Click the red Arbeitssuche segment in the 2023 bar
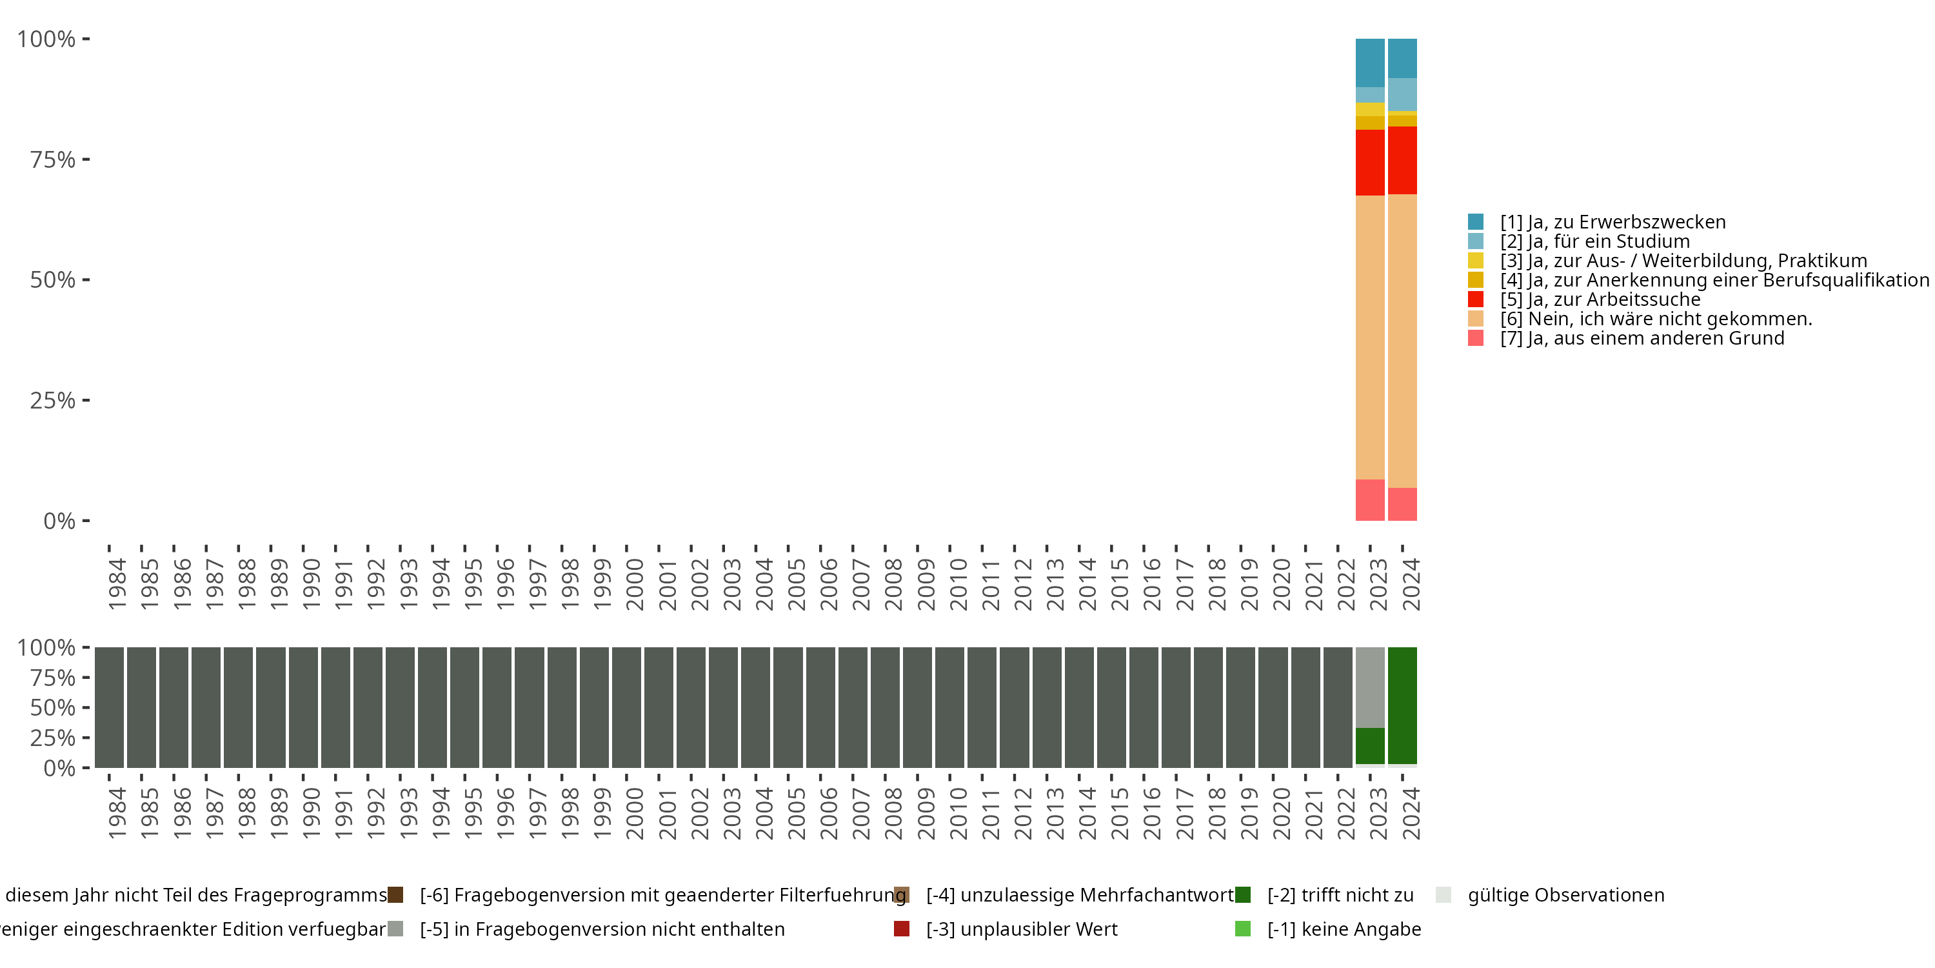coord(1369,163)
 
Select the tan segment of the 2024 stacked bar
coord(1402,341)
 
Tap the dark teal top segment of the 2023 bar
coord(1369,63)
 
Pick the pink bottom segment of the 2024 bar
coord(1402,503)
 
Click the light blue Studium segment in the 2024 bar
coord(1402,94)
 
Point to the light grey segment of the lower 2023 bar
coord(1369,687)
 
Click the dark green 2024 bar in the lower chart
coord(1402,705)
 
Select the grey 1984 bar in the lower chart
coord(109,707)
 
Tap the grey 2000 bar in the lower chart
coord(626,707)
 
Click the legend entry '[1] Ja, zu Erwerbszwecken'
coord(1612,222)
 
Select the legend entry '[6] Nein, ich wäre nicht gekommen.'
coord(1656,319)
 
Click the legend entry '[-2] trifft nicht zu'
coord(1339,895)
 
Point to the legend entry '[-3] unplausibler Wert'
coord(1021,929)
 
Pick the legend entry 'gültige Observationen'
coord(1565,895)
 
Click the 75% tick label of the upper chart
coord(53,159)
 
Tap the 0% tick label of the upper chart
coord(59,521)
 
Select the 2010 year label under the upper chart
coord(958,584)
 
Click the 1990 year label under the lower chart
coord(311,813)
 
